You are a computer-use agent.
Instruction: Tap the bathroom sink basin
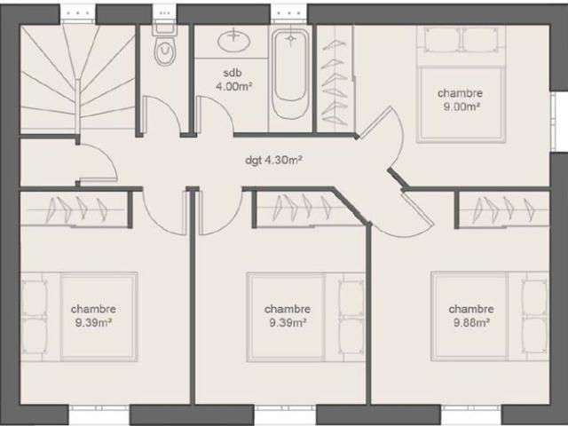(234, 40)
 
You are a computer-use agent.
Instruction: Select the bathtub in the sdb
(290, 74)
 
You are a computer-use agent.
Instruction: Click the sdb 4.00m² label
(233, 80)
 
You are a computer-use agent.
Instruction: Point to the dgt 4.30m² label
(274, 160)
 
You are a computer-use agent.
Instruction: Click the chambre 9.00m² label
(461, 99)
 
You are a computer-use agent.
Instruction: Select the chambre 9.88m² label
(471, 316)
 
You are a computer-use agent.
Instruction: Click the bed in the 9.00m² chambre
(461, 84)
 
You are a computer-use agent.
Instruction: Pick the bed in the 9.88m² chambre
(490, 317)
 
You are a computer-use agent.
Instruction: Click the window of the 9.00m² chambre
(558, 121)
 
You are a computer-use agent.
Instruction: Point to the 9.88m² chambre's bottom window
(471, 413)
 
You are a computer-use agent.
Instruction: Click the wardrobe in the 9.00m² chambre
(335, 79)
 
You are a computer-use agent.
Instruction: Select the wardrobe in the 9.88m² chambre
(503, 209)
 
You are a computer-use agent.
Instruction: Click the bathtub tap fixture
(291, 39)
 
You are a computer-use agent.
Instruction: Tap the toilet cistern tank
(165, 29)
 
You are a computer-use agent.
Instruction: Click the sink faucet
(234, 35)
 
